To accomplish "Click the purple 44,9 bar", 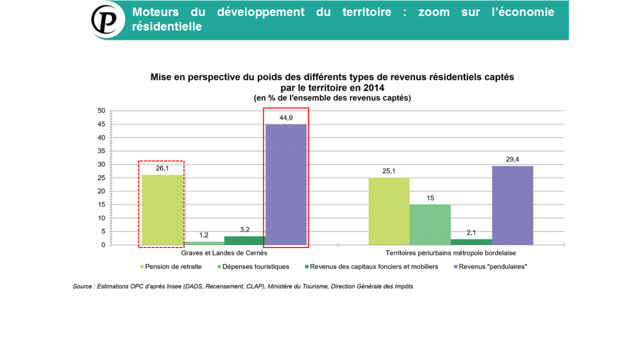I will [286, 184].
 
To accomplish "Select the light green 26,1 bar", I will [162, 209].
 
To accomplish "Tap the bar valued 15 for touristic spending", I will [430, 224].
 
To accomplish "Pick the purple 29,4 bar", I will [513, 205].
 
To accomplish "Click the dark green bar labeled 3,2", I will [245, 240].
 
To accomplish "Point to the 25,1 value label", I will [389, 171].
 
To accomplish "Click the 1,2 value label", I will [203, 235].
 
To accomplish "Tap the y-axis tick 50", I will [101, 111].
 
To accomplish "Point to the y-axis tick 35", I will [101, 151].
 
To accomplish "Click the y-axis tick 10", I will [101, 218].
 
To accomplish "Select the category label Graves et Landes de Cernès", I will [224, 253].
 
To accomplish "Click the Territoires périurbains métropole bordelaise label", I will [451, 253].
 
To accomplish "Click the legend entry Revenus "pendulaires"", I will [492, 267].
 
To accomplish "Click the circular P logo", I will [108, 20].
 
